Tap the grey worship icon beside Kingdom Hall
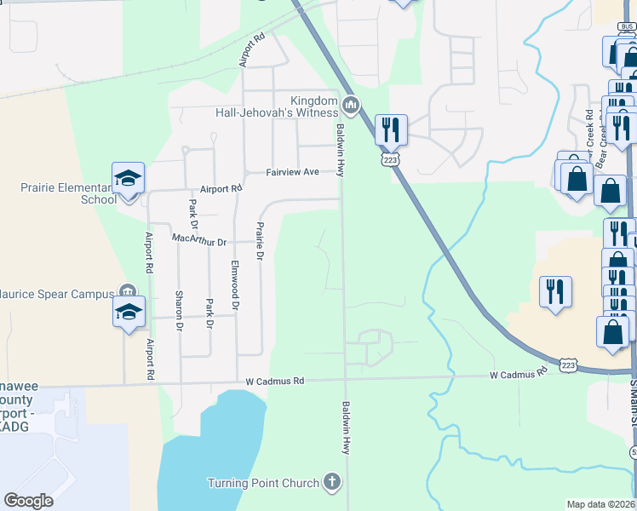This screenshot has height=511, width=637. tap(351, 106)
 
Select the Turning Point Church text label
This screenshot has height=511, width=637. tap(262, 483)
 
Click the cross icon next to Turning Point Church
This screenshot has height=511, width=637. tap(332, 483)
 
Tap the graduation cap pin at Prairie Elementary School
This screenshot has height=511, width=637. tap(128, 179)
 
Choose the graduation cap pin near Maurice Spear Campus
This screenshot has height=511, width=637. tap(129, 312)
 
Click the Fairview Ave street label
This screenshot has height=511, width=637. tap(292, 172)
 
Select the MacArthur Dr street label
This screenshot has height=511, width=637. tap(199, 242)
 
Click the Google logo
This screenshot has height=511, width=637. tap(29, 500)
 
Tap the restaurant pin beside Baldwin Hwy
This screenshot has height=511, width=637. tap(391, 129)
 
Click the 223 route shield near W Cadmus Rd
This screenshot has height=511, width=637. tap(569, 365)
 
